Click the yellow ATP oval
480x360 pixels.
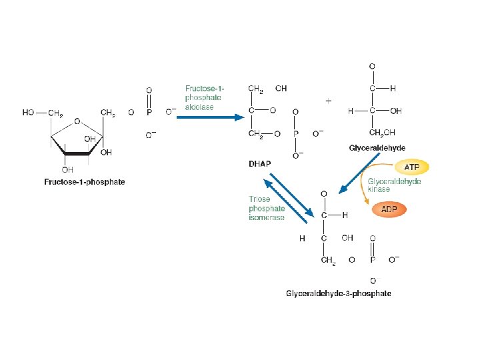412,167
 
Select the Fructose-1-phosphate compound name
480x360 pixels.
85,181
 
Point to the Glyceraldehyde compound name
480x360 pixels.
377,147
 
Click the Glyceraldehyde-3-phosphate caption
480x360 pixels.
338,293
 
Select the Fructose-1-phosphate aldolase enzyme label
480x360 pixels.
205,98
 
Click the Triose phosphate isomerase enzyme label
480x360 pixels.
267,208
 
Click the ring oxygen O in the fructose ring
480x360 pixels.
78,121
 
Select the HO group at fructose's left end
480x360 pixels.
29,113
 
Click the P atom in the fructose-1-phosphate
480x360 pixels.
149,113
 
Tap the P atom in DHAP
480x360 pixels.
295,133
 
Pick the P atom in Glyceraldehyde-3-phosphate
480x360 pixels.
372,260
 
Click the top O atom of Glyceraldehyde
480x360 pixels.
371,66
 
